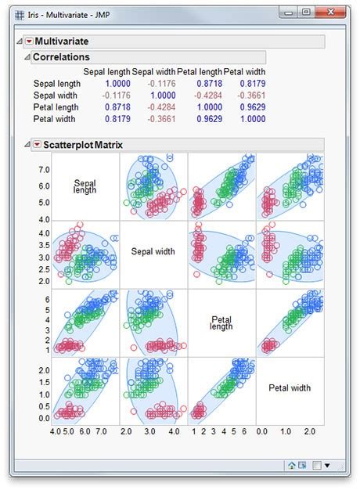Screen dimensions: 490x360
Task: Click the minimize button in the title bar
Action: (x=288, y=12)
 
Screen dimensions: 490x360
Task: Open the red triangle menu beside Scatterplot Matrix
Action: (x=37, y=145)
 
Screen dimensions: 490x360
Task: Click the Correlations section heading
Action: (x=61, y=57)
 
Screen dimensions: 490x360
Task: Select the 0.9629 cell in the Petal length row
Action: (x=242, y=106)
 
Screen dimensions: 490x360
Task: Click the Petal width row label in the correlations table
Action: (x=56, y=119)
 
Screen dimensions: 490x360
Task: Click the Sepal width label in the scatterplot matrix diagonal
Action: (x=153, y=252)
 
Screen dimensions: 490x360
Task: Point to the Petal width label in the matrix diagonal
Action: (x=289, y=387)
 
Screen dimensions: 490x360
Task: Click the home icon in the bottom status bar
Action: (x=291, y=465)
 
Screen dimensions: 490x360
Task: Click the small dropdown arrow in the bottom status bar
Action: (x=327, y=465)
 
